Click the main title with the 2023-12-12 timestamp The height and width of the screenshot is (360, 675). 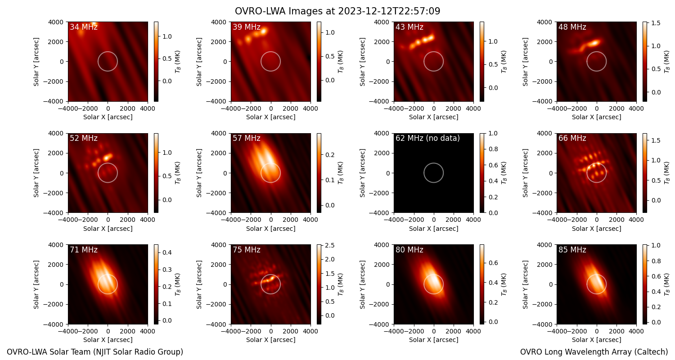(337, 11)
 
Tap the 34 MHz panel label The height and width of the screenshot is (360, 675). (84, 27)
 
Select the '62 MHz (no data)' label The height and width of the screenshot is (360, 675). (427, 138)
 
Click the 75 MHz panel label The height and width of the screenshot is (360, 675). (247, 250)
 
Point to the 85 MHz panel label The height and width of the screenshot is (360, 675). (572, 250)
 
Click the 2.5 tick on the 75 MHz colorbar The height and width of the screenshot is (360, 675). (330, 246)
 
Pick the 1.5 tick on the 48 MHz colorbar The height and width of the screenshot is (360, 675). (656, 23)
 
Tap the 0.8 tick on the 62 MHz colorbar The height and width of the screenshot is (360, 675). (493, 149)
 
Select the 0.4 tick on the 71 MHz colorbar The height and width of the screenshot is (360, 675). (167, 252)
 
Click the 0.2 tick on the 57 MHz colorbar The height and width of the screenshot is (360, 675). (330, 155)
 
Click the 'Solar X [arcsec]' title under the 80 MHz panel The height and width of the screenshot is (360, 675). (434, 340)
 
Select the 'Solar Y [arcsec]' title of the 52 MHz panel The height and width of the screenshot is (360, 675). (36, 173)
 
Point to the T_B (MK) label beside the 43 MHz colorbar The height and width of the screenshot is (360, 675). (504, 62)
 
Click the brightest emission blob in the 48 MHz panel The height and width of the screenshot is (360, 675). (593, 43)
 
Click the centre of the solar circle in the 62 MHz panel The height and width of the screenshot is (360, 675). (434, 173)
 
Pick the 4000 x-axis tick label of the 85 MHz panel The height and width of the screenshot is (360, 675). (636, 331)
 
